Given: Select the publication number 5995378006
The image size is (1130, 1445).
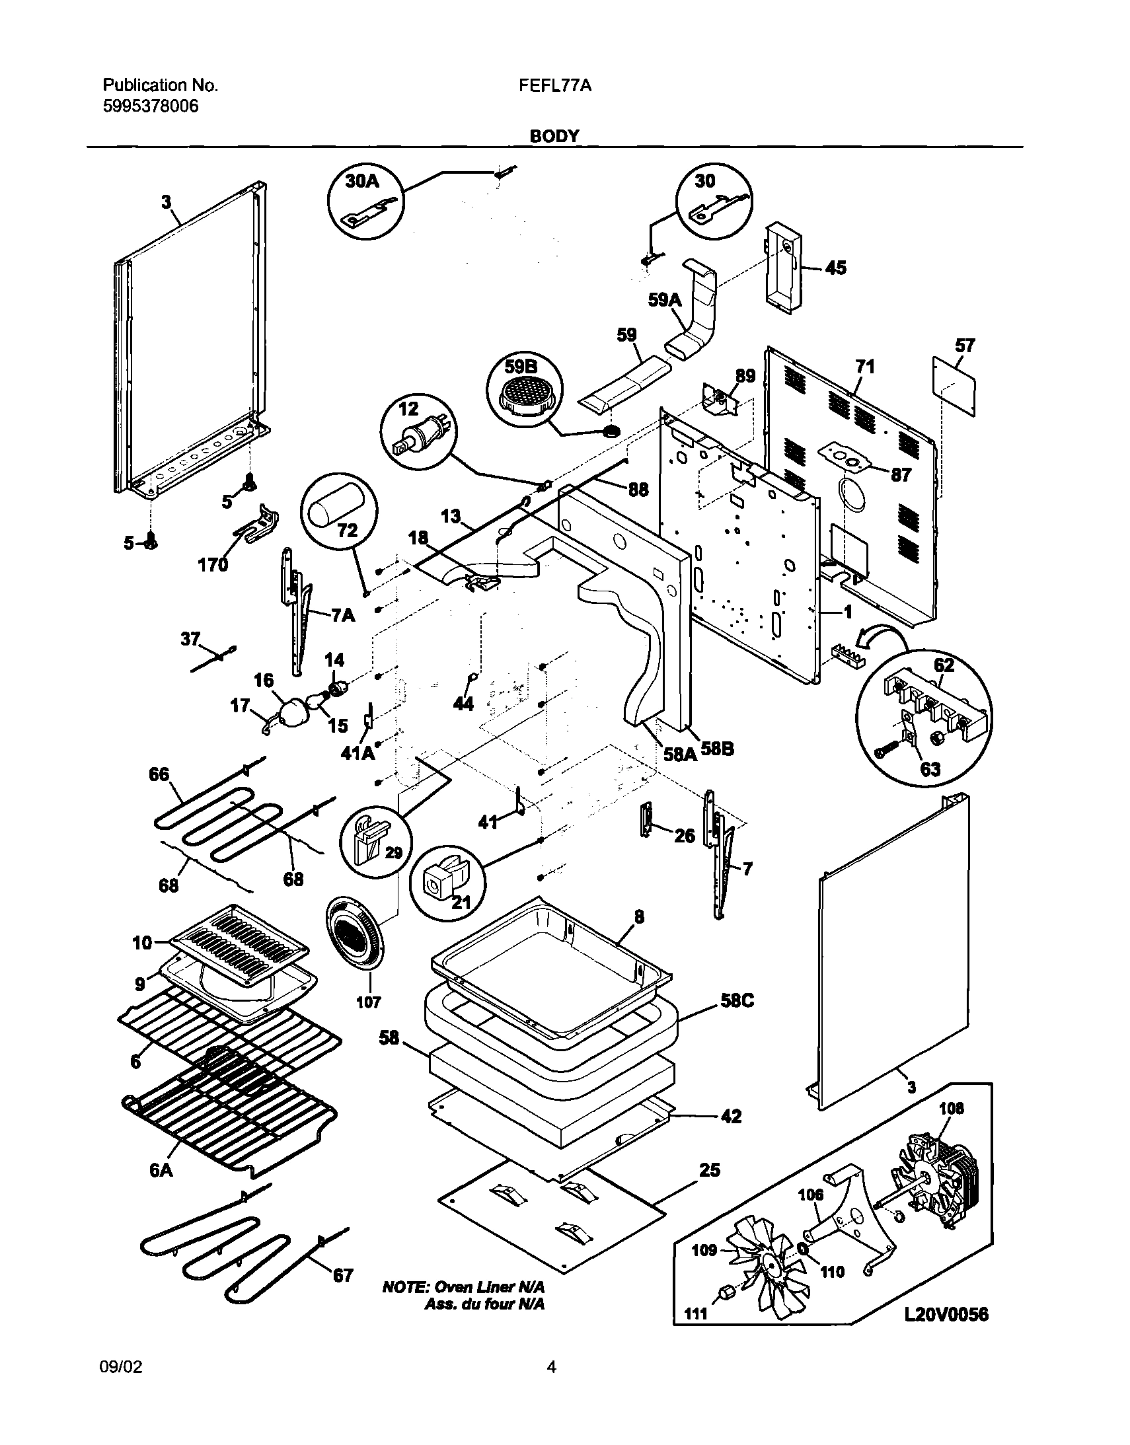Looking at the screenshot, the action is tap(150, 106).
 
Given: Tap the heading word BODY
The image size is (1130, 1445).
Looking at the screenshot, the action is tap(554, 136).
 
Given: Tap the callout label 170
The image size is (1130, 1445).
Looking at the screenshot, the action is tap(213, 564).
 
